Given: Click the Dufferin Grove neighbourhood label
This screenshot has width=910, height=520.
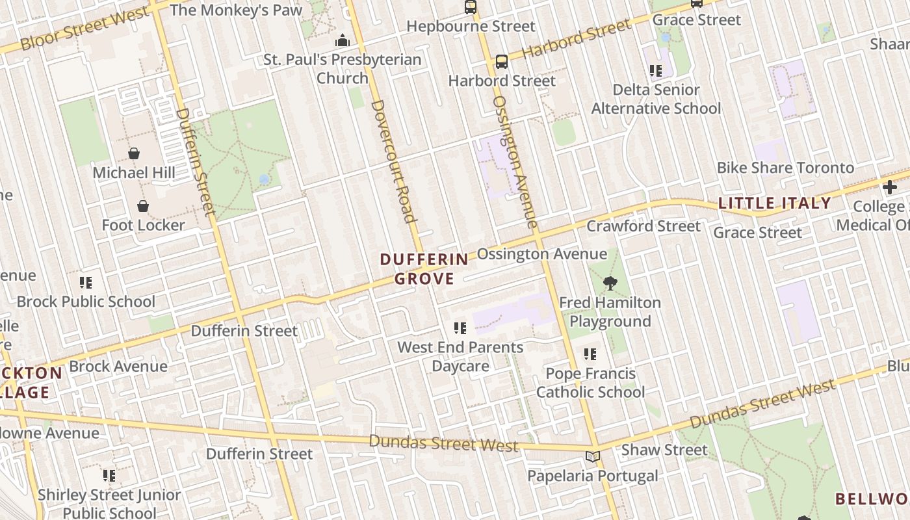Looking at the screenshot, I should pyautogui.click(x=424, y=269).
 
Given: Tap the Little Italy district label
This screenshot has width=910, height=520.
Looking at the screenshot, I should pyautogui.click(x=774, y=203).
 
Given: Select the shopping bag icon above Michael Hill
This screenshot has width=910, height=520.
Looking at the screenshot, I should pyautogui.click(x=133, y=153).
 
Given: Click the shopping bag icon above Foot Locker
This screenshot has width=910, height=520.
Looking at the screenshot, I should pyautogui.click(x=143, y=206).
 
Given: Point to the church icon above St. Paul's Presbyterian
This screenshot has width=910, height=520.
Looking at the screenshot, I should pyautogui.click(x=342, y=41).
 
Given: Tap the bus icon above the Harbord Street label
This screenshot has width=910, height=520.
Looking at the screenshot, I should pyautogui.click(x=501, y=62).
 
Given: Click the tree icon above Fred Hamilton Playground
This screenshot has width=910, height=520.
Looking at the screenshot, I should pyautogui.click(x=610, y=283).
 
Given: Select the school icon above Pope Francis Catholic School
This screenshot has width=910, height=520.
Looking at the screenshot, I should pyautogui.click(x=590, y=354).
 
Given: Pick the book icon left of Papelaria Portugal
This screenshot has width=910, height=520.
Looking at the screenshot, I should pyautogui.click(x=591, y=456).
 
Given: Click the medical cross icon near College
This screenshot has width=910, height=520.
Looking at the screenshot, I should pyautogui.click(x=889, y=188).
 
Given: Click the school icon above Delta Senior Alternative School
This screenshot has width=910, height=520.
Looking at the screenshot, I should pyautogui.click(x=655, y=70).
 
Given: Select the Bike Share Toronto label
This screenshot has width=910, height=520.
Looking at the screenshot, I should pyautogui.click(x=785, y=168).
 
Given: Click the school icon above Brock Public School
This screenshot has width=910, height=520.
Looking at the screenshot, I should pyautogui.click(x=86, y=283).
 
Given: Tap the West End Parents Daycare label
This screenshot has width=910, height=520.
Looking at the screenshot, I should pyautogui.click(x=460, y=356).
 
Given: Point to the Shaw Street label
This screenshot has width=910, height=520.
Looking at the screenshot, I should pyautogui.click(x=664, y=450).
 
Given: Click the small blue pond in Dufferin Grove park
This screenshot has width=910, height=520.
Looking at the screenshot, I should pyautogui.click(x=264, y=179).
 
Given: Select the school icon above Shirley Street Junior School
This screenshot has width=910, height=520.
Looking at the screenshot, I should pyautogui.click(x=109, y=476).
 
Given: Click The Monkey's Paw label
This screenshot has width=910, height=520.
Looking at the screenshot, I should pyautogui.click(x=236, y=10).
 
